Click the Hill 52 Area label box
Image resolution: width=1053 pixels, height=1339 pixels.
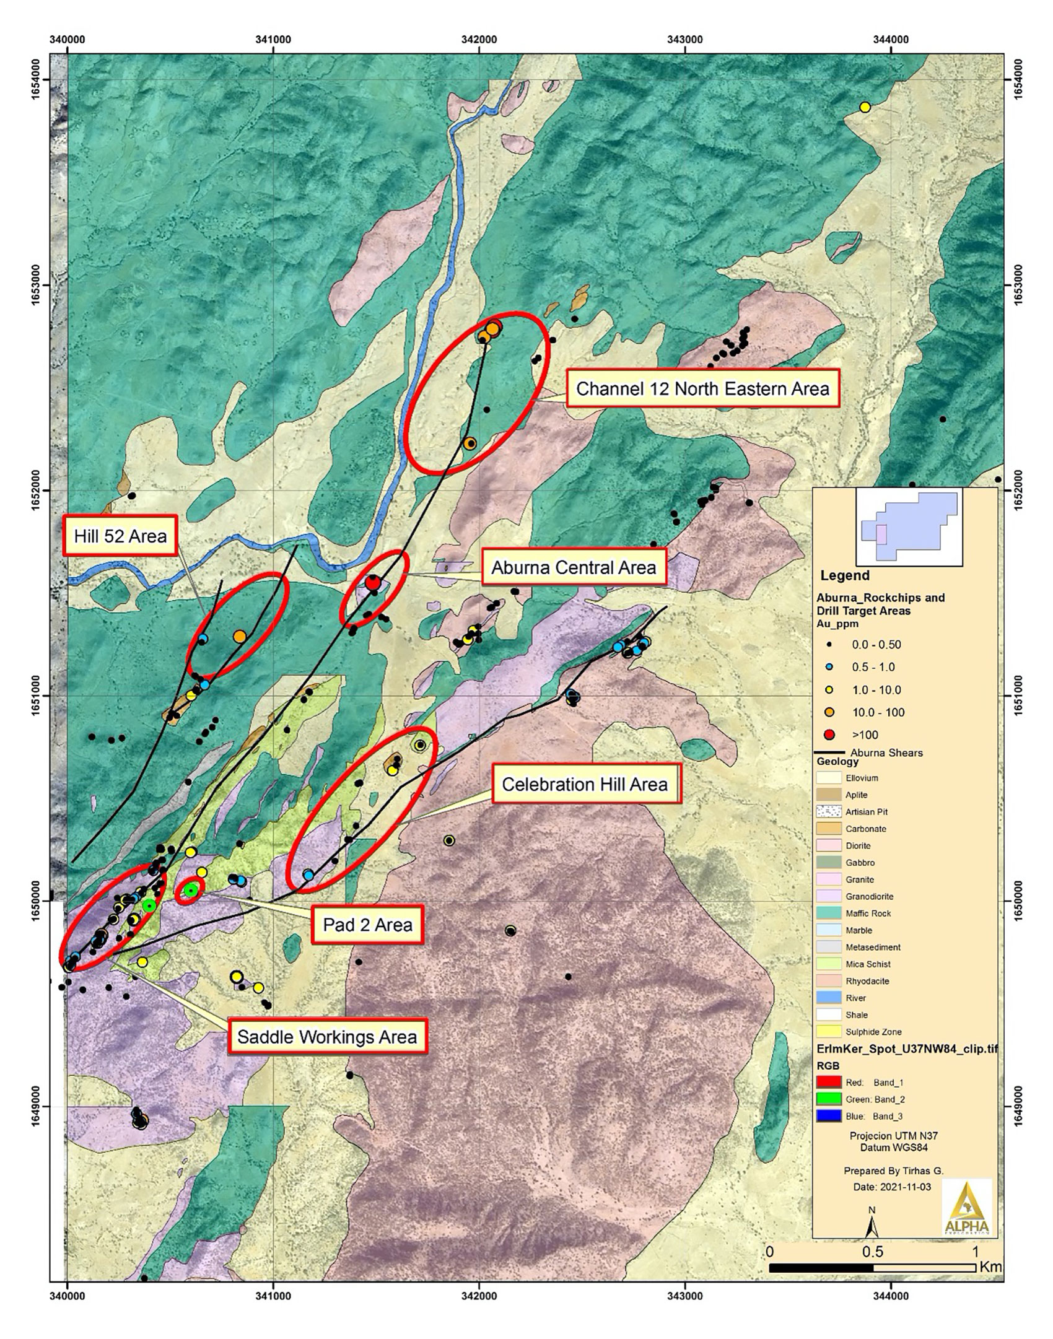(121, 536)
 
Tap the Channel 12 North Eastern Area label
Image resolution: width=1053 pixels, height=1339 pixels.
(702, 389)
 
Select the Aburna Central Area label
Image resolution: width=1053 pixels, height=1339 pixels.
(573, 567)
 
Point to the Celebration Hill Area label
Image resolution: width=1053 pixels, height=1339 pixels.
(585, 784)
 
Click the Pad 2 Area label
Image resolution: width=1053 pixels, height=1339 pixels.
(367, 925)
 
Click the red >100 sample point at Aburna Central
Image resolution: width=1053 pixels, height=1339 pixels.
(372, 583)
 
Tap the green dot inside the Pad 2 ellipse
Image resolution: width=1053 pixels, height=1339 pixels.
(191, 890)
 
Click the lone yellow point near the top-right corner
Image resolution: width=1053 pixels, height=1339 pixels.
(865, 107)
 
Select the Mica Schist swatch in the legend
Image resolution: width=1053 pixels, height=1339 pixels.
(829, 964)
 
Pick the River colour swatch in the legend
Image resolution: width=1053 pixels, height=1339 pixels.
(829, 998)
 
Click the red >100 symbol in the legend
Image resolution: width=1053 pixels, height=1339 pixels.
(830, 735)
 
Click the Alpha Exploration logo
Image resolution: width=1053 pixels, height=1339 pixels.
(966, 1219)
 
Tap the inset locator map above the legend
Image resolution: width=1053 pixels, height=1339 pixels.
(909, 526)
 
